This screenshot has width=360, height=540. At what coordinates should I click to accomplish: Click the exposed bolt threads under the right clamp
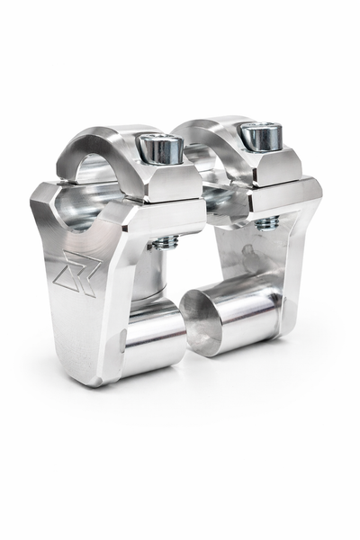pos(266,222)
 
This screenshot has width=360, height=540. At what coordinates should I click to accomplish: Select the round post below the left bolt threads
pos(151,274)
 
